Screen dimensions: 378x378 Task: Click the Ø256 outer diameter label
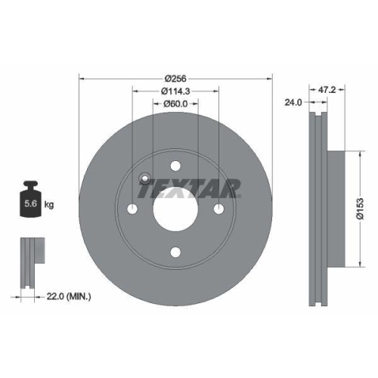click(x=175, y=76)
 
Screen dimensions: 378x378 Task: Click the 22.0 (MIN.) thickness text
click(x=67, y=296)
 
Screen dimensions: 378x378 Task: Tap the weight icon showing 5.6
click(x=31, y=203)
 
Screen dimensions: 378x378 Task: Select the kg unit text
click(x=50, y=204)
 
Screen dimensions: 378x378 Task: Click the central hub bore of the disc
click(x=175, y=209)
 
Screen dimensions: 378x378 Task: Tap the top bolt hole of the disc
click(x=175, y=166)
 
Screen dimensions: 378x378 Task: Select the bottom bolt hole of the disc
click(x=175, y=253)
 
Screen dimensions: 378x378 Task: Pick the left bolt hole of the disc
click(x=132, y=209)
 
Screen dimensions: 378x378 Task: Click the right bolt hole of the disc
click(x=218, y=209)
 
